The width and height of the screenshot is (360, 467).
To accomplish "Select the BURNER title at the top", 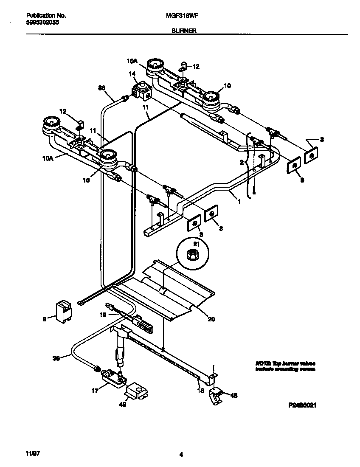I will pos(184,31).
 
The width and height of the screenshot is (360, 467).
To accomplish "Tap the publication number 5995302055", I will pos(39,24).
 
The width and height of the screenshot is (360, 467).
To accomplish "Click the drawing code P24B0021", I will pos(302,405).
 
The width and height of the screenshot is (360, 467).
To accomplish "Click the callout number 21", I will pos(196,244).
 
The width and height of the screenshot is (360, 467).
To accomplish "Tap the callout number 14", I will pos(132,73).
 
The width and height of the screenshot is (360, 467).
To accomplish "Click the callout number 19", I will pos(102,315).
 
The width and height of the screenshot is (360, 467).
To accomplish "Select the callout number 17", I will pos(94,391).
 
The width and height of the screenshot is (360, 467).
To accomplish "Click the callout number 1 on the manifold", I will pos(239,203).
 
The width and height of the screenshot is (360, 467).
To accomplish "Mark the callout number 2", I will pos(242,163).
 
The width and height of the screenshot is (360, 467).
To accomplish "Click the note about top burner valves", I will pos(285,366).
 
